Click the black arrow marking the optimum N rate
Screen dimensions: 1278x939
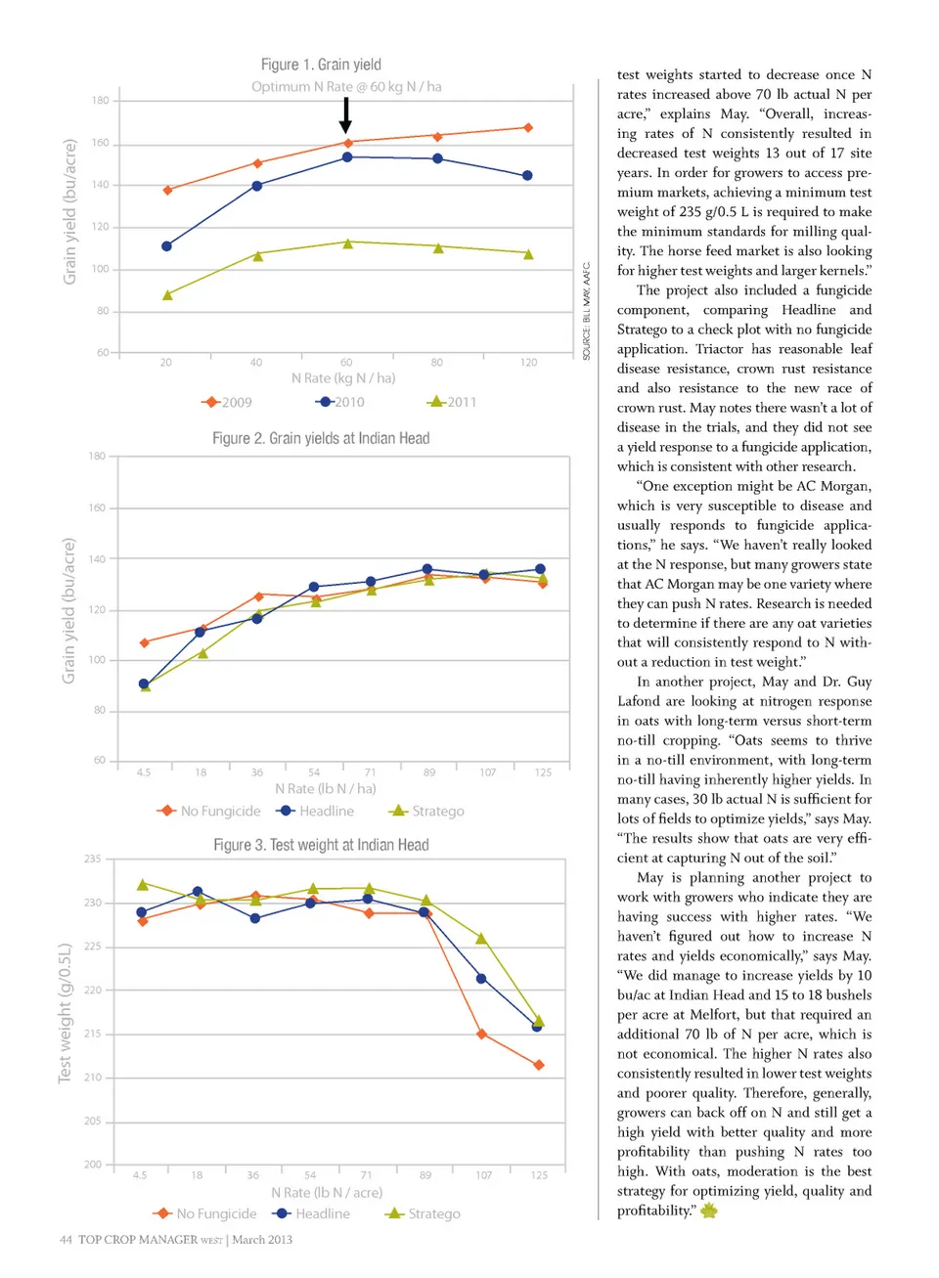345,114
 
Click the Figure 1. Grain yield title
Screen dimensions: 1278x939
321,65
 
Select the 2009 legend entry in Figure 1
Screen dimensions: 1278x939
227,402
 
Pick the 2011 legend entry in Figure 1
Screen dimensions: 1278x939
452,402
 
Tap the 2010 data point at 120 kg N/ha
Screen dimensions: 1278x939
527,176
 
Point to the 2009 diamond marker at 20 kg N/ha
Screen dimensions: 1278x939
167,191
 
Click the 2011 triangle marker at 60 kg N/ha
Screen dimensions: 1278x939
347,243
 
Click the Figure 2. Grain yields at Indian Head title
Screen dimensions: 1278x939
321,438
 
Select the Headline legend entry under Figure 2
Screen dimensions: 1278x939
316,811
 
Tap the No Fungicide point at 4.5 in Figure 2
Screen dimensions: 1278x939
145,642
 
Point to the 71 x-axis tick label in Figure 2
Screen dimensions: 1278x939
370,772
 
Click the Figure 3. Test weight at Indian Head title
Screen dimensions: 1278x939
321,845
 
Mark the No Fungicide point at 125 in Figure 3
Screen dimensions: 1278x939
539,1065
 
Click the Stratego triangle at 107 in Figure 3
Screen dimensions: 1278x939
481,939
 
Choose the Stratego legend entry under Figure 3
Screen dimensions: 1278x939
424,1213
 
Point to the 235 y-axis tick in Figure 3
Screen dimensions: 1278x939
93,859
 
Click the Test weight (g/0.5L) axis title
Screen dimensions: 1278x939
65,1013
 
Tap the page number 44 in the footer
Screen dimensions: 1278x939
66,1240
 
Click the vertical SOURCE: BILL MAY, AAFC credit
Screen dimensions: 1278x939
587,311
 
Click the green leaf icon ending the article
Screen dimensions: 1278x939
709,1211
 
